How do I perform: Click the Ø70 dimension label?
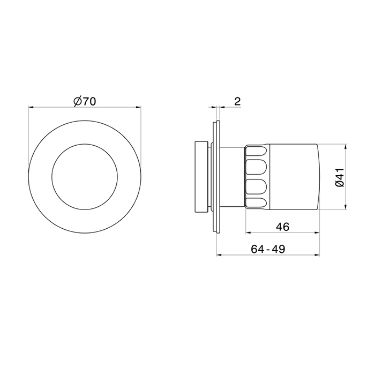tap(85, 101)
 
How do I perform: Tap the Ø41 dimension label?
tap(340, 177)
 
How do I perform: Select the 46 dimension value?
tap(283, 227)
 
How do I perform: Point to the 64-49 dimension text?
tap(268, 249)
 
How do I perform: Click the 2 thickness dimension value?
tap(237, 102)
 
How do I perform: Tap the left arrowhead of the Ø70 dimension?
tap(31, 107)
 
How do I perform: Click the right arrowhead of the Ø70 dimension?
tap(139, 107)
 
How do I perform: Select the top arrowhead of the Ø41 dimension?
tap(346, 147)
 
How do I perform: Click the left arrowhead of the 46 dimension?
tap(249, 232)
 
